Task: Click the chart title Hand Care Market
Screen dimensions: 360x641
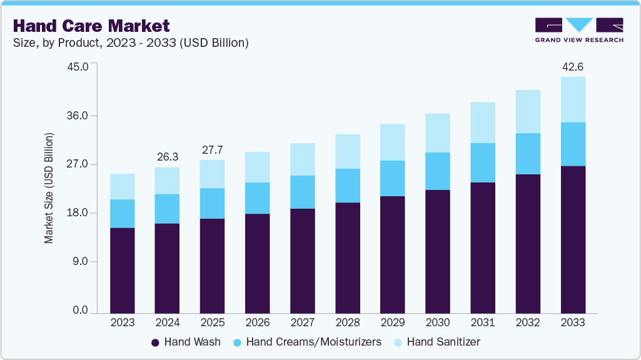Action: click(x=91, y=26)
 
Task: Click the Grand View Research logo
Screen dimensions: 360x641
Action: click(x=579, y=30)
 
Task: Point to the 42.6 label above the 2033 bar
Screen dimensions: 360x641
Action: click(x=573, y=66)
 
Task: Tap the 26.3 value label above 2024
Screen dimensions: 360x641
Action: click(x=167, y=157)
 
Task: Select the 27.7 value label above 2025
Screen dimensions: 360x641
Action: click(x=212, y=150)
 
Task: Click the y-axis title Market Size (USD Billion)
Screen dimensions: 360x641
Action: click(x=48, y=188)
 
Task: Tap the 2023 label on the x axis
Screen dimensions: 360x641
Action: click(x=122, y=322)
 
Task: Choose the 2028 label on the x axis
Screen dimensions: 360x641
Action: click(x=348, y=322)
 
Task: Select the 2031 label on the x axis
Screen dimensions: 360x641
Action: click(x=483, y=322)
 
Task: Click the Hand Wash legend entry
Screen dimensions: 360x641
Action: click(x=186, y=342)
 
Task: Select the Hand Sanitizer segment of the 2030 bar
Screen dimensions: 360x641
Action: click(x=438, y=132)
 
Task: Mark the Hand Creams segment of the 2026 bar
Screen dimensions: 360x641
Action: click(x=257, y=198)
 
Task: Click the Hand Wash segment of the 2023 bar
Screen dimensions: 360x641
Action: click(x=122, y=270)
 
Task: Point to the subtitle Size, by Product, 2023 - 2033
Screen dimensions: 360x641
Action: click(x=131, y=43)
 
